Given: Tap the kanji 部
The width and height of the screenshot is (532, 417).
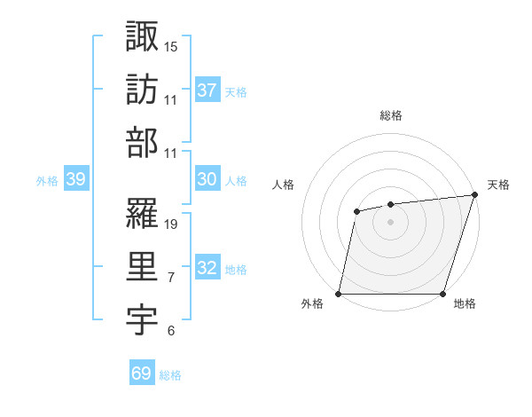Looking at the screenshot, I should pos(143,144).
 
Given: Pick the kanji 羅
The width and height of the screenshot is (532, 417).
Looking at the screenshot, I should pos(143,214).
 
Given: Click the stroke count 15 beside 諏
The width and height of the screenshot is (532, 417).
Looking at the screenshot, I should pos(171,46).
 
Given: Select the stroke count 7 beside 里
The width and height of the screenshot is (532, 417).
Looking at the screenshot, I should pos(171,279).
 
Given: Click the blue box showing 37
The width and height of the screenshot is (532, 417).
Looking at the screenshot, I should pos(207,90).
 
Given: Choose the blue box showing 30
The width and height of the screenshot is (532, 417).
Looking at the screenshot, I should pos(207,179).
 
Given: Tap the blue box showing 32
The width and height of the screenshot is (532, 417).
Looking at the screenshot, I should pos(207,269).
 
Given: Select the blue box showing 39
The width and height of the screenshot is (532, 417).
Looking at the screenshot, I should pos(76,179).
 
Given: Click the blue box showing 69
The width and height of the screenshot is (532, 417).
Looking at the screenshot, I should pos(142,374).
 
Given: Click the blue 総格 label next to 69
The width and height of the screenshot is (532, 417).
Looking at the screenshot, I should pos(170,375).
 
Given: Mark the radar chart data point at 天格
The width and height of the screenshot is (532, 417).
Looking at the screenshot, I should pos(475,195).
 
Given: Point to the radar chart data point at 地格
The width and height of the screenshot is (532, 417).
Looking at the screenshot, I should pos(442,294).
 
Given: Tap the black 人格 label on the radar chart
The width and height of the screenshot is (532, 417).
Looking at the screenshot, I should pos(283,185).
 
